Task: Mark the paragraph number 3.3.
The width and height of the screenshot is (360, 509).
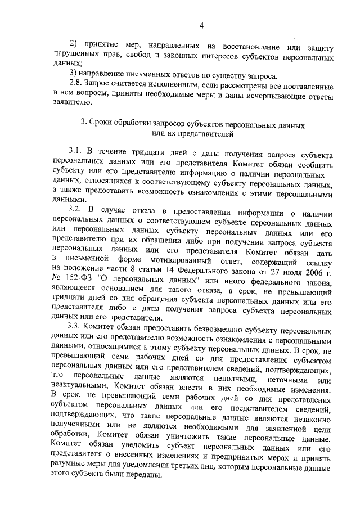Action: point(76,328)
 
